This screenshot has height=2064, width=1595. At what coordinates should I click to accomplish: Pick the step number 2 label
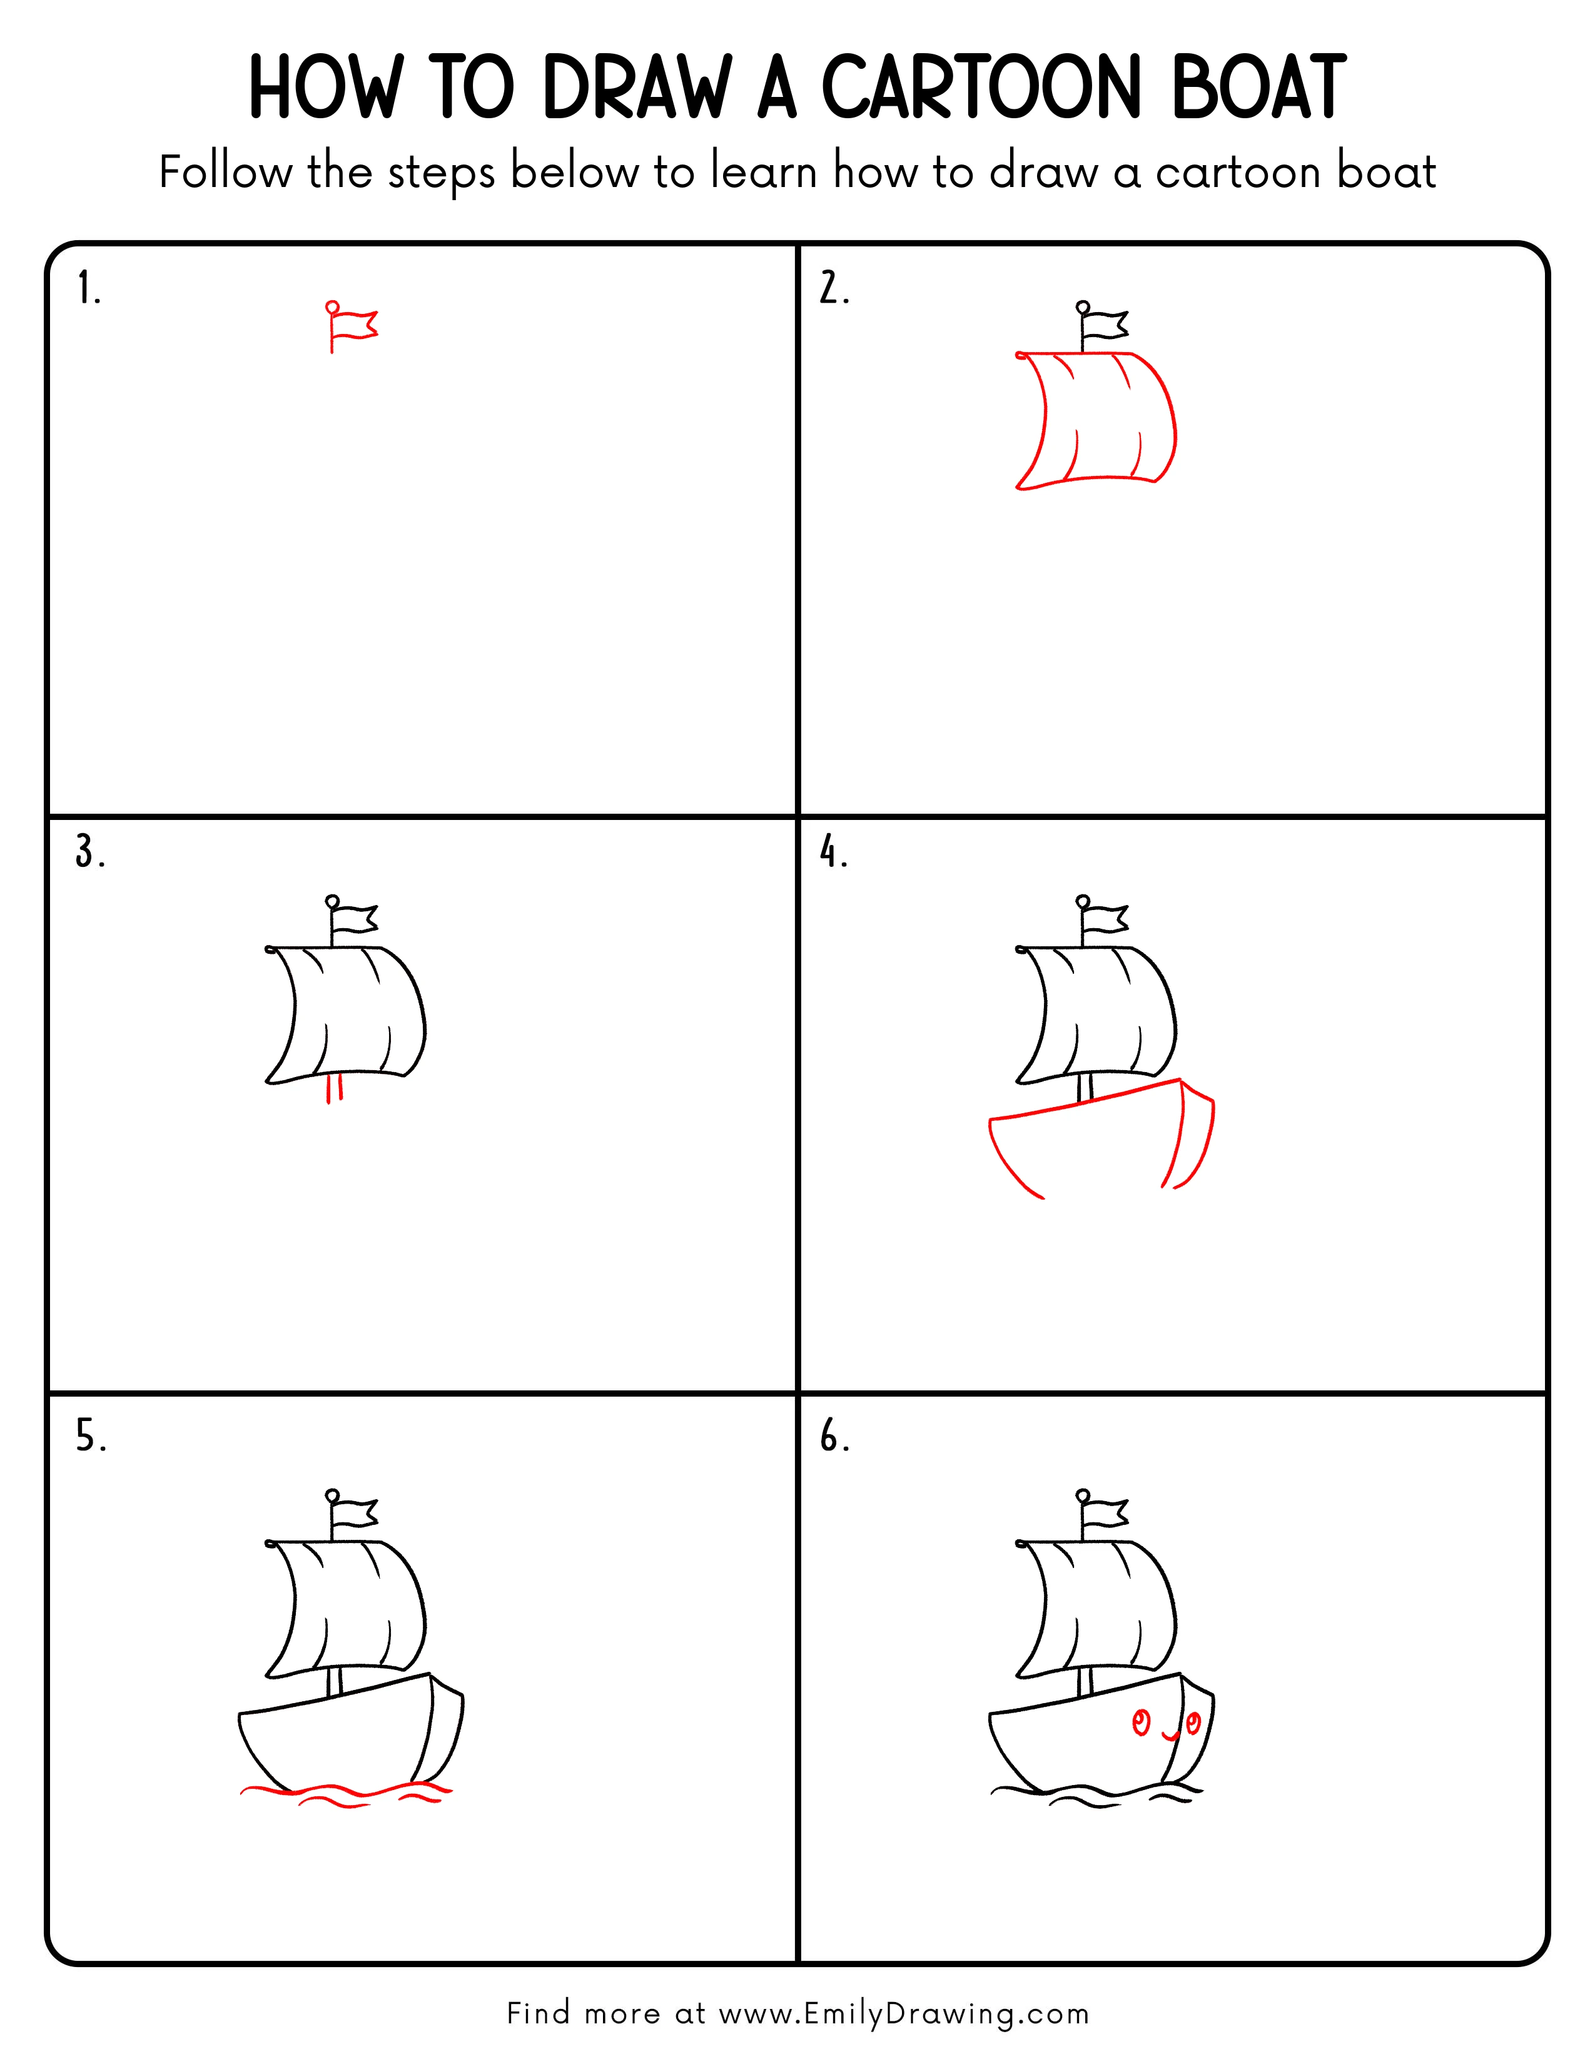click(833, 288)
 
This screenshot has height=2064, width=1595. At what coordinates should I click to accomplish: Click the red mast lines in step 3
click(333, 1090)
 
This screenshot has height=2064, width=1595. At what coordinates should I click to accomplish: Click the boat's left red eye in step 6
click(1140, 1723)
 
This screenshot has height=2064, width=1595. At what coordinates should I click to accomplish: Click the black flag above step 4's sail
click(1105, 918)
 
